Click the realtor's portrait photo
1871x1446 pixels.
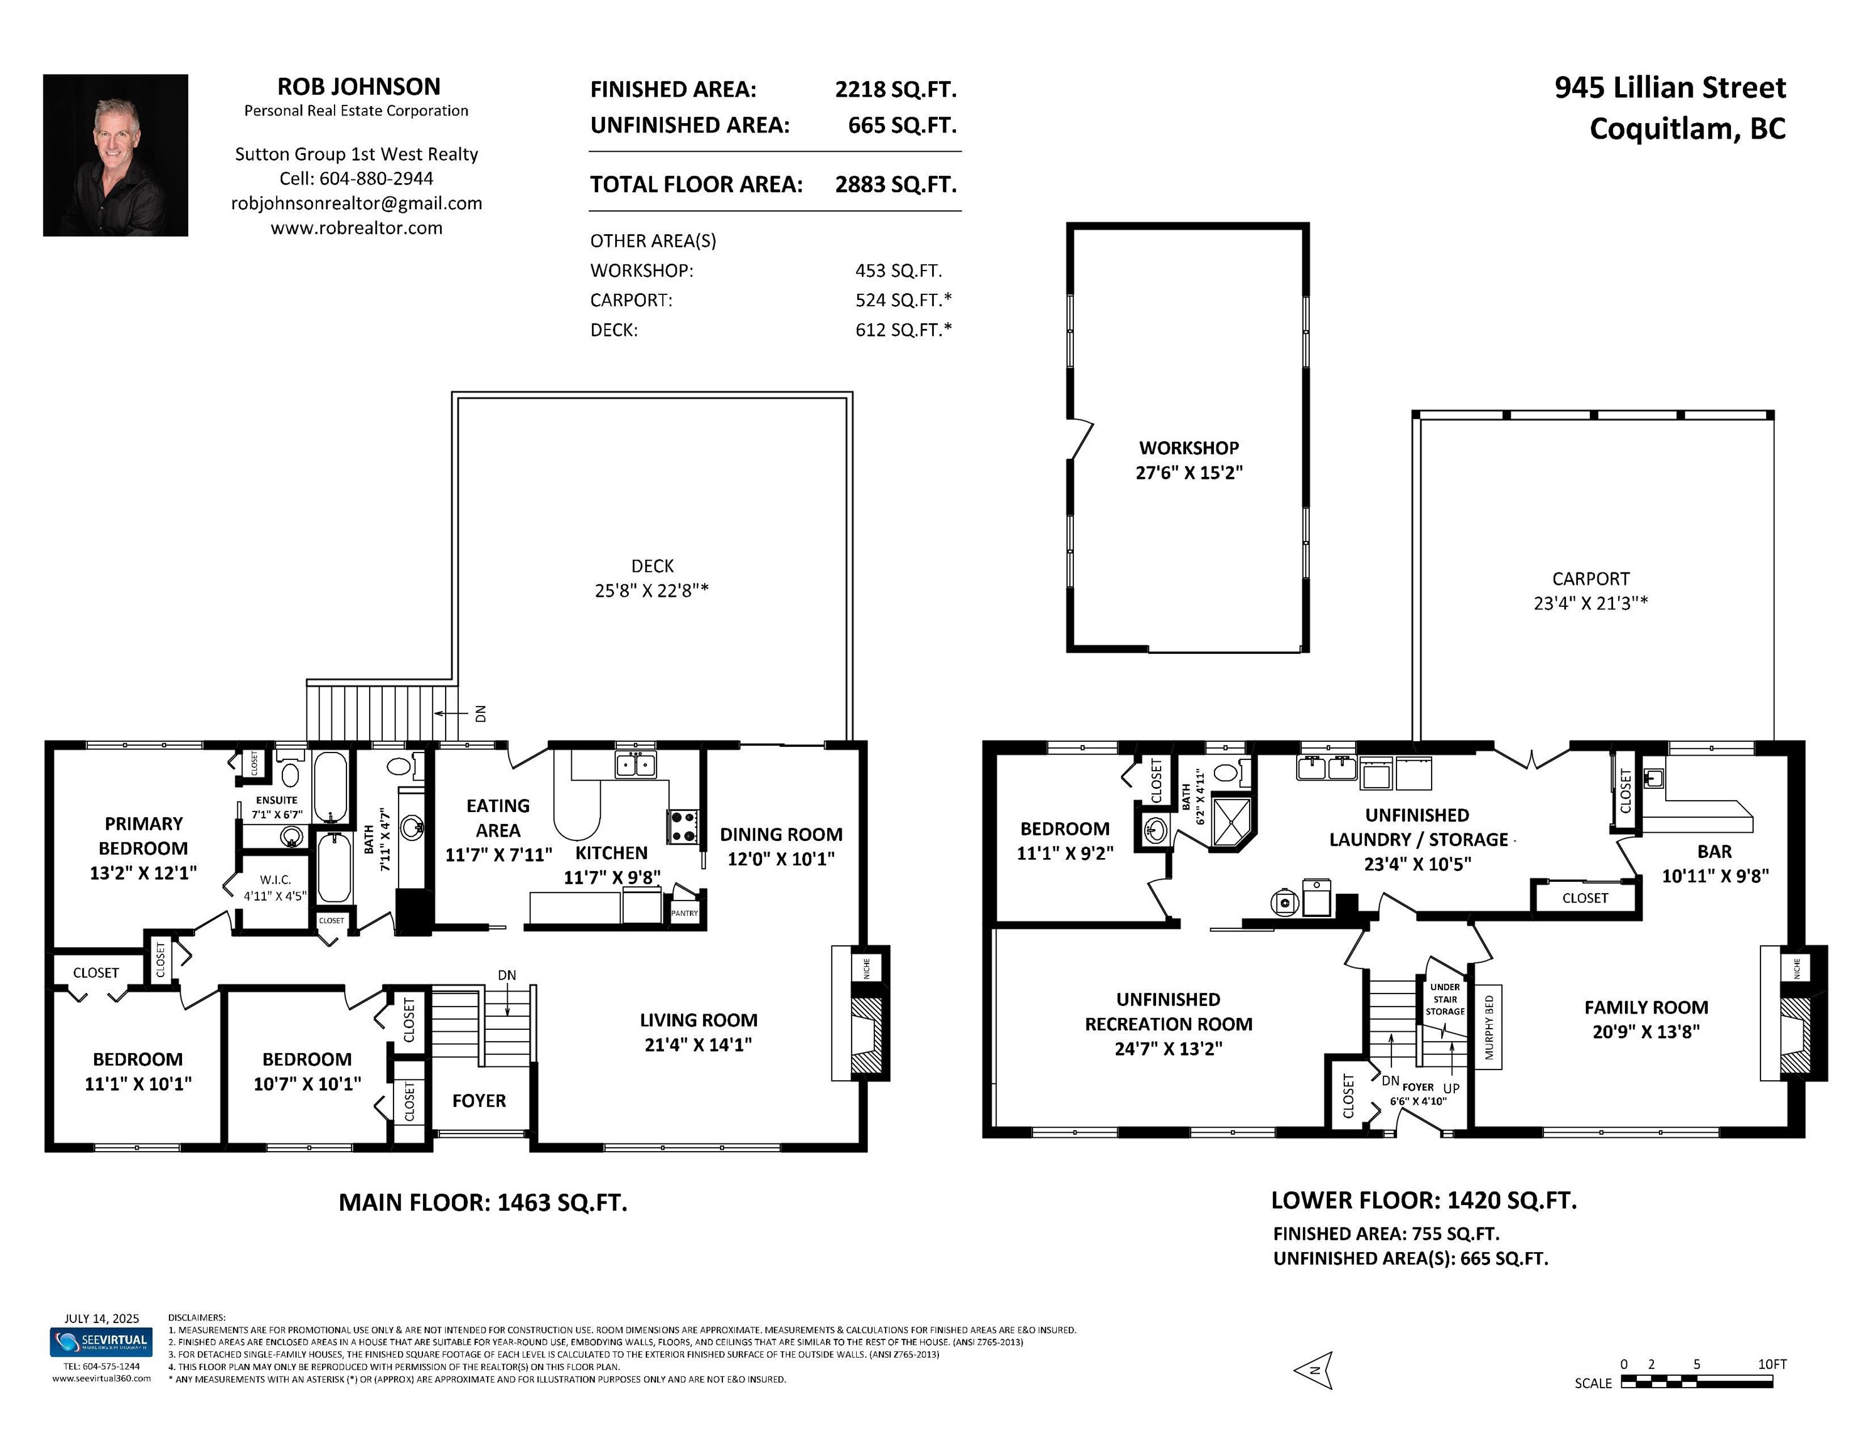(115, 155)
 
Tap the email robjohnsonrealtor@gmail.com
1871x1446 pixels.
(357, 203)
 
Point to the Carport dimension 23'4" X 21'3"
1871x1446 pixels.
(1591, 603)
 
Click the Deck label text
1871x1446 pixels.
(653, 565)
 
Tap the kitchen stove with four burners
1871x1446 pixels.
(683, 826)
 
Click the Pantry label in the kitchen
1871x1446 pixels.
(685, 913)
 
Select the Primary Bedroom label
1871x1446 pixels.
(143, 835)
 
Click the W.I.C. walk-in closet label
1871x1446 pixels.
(275, 880)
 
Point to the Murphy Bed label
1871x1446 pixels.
(1489, 1027)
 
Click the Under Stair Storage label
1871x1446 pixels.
(1445, 1000)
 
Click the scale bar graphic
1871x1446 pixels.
(1697, 1381)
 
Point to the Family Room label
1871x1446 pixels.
(1646, 1007)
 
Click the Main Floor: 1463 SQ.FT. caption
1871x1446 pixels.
(483, 1202)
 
